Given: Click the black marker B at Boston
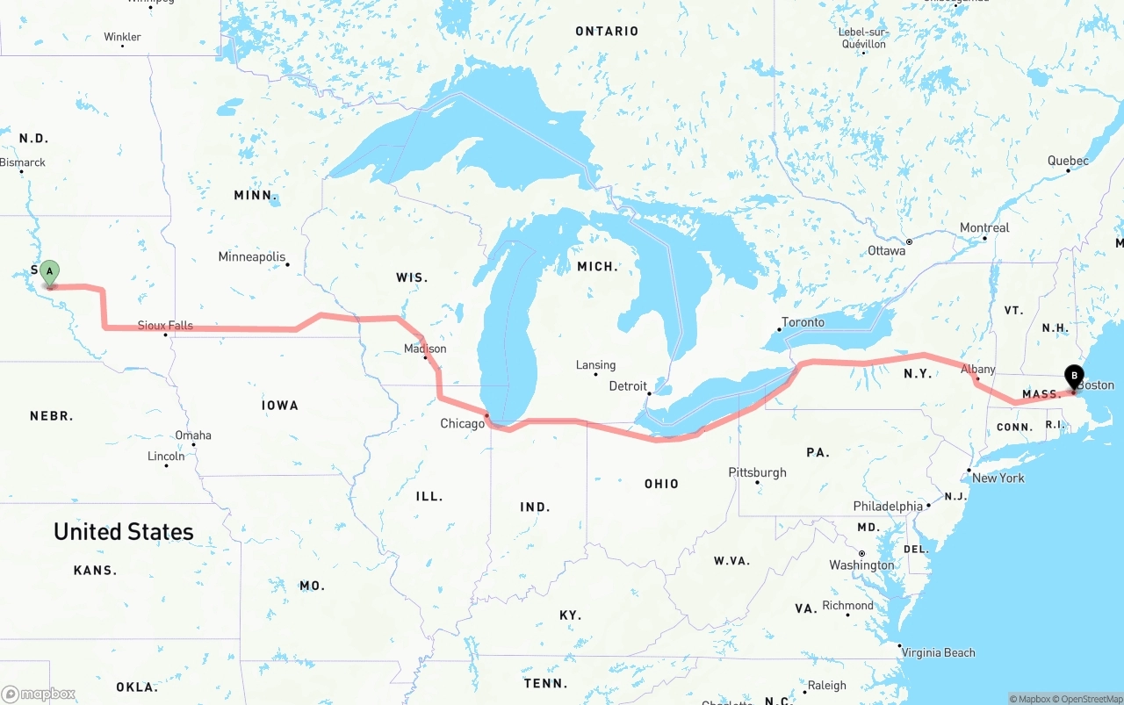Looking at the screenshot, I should [1073, 376].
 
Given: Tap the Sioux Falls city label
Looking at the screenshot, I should [165, 326].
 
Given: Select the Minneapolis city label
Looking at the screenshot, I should [252, 257].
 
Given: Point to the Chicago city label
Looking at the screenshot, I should [462, 424].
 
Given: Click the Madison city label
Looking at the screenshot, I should [425, 349].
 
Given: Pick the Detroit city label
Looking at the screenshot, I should [628, 386].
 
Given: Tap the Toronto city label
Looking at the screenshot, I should [803, 322].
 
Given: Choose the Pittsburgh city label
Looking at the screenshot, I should [757, 472].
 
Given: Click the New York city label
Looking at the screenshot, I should [998, 478].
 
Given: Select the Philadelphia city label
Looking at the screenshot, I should [888, 507].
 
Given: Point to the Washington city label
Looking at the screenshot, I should [861, 565].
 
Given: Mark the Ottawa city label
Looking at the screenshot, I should [886, 251].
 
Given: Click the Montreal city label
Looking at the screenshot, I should [984, 228].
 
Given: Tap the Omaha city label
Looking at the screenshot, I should [193, 435].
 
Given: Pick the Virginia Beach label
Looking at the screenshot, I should [938, 652].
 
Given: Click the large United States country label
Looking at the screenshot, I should [124, 532].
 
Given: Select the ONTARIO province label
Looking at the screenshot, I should [607, 32].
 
